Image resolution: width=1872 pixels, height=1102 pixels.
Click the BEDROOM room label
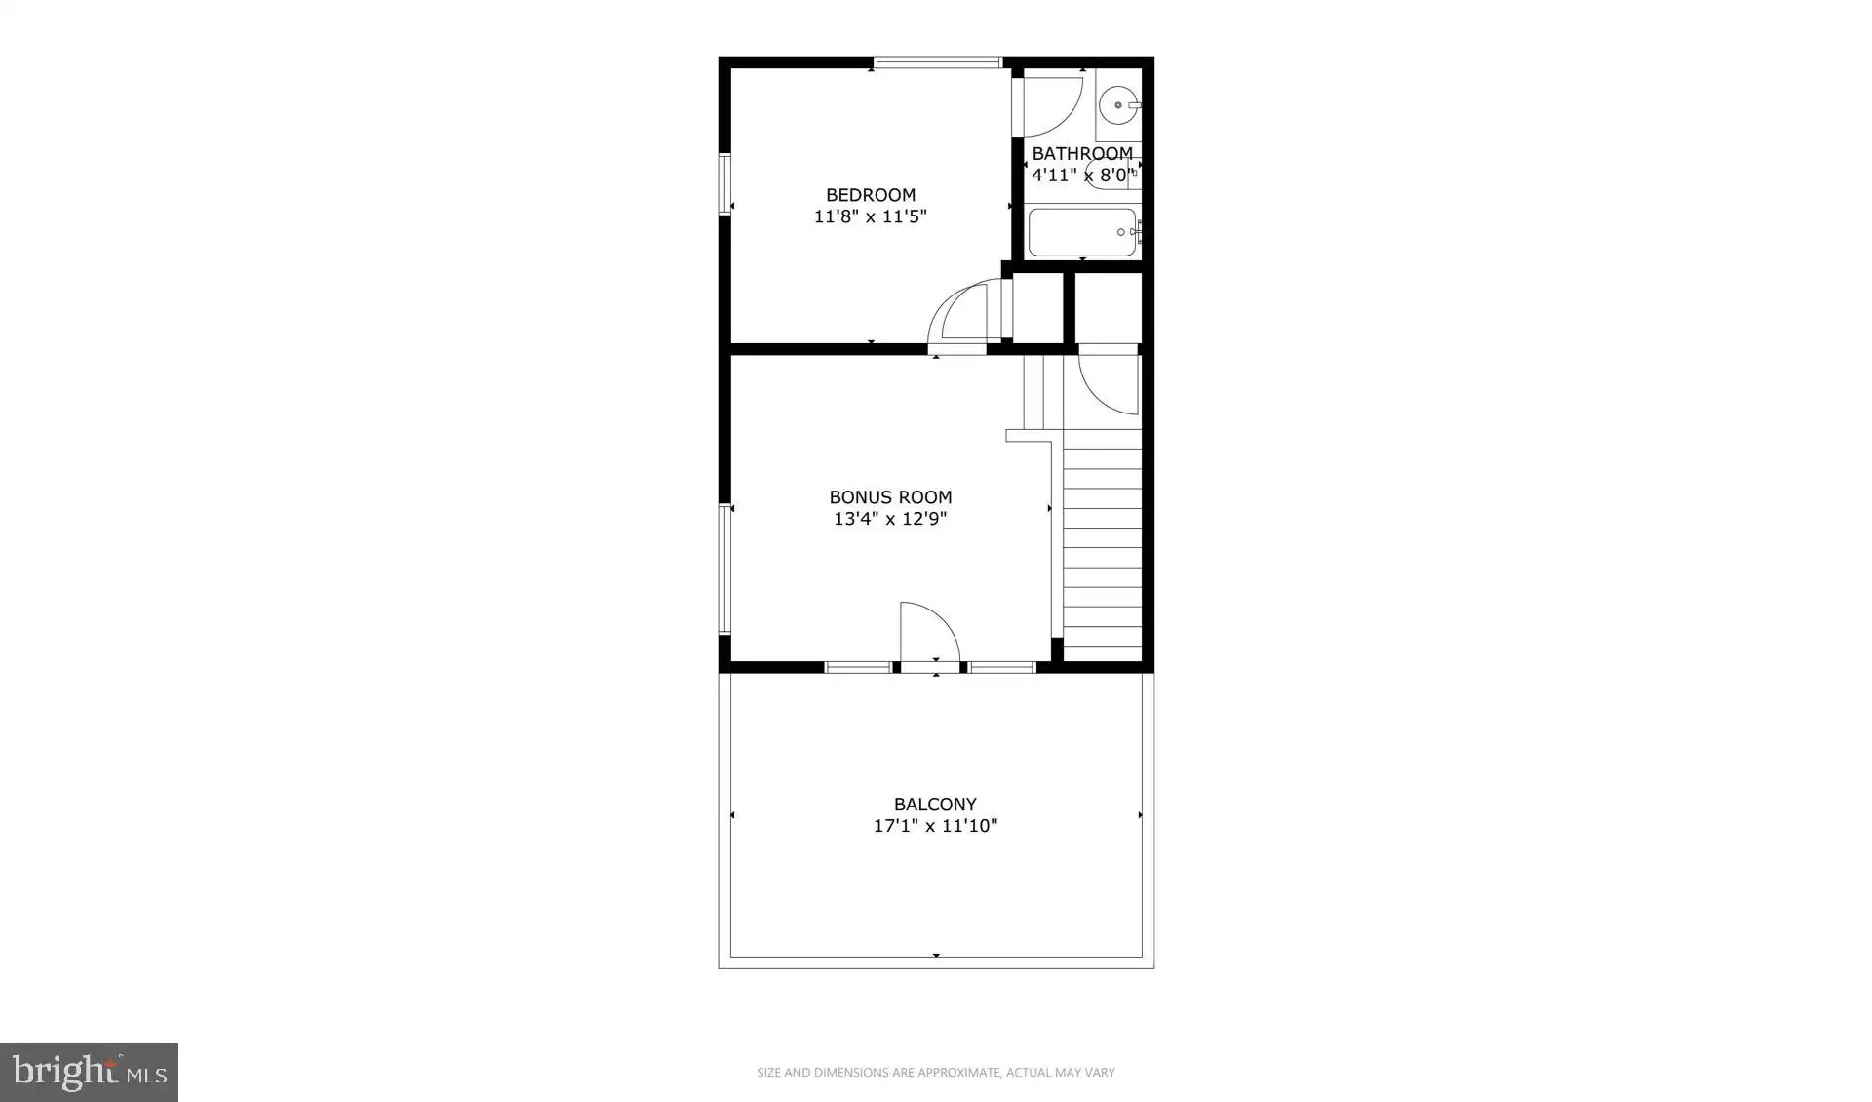(x=871, y=195)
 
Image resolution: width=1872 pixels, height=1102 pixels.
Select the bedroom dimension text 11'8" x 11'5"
(x=871, y=216)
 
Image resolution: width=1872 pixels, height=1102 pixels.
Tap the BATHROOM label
(x=1082, y=154)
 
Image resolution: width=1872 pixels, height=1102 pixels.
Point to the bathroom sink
(x=1118, y=103)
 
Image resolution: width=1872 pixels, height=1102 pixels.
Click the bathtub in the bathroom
(x=1083, y=232)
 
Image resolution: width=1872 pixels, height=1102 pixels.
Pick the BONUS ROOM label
(x=890, y=497)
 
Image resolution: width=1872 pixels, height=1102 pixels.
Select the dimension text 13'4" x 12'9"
(x=890, y=519)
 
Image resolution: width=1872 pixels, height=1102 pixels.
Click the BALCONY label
(x=935, y=805)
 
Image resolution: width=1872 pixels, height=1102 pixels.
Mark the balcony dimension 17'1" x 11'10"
(x=935, y=826)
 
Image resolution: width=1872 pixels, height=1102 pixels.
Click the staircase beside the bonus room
(x=1102, y=546)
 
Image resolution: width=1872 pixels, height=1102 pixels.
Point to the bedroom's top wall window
(x=937, y=62)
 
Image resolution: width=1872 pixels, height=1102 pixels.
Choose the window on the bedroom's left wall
(x=724, y=183)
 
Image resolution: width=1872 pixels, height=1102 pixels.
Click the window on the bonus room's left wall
(x=724, y=568)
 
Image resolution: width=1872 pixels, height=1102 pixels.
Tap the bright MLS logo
(x=89, y=1073)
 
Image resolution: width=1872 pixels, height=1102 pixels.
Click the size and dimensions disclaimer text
(x=936, y=1073)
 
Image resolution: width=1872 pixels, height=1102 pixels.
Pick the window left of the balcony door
(x=858, y=667)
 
